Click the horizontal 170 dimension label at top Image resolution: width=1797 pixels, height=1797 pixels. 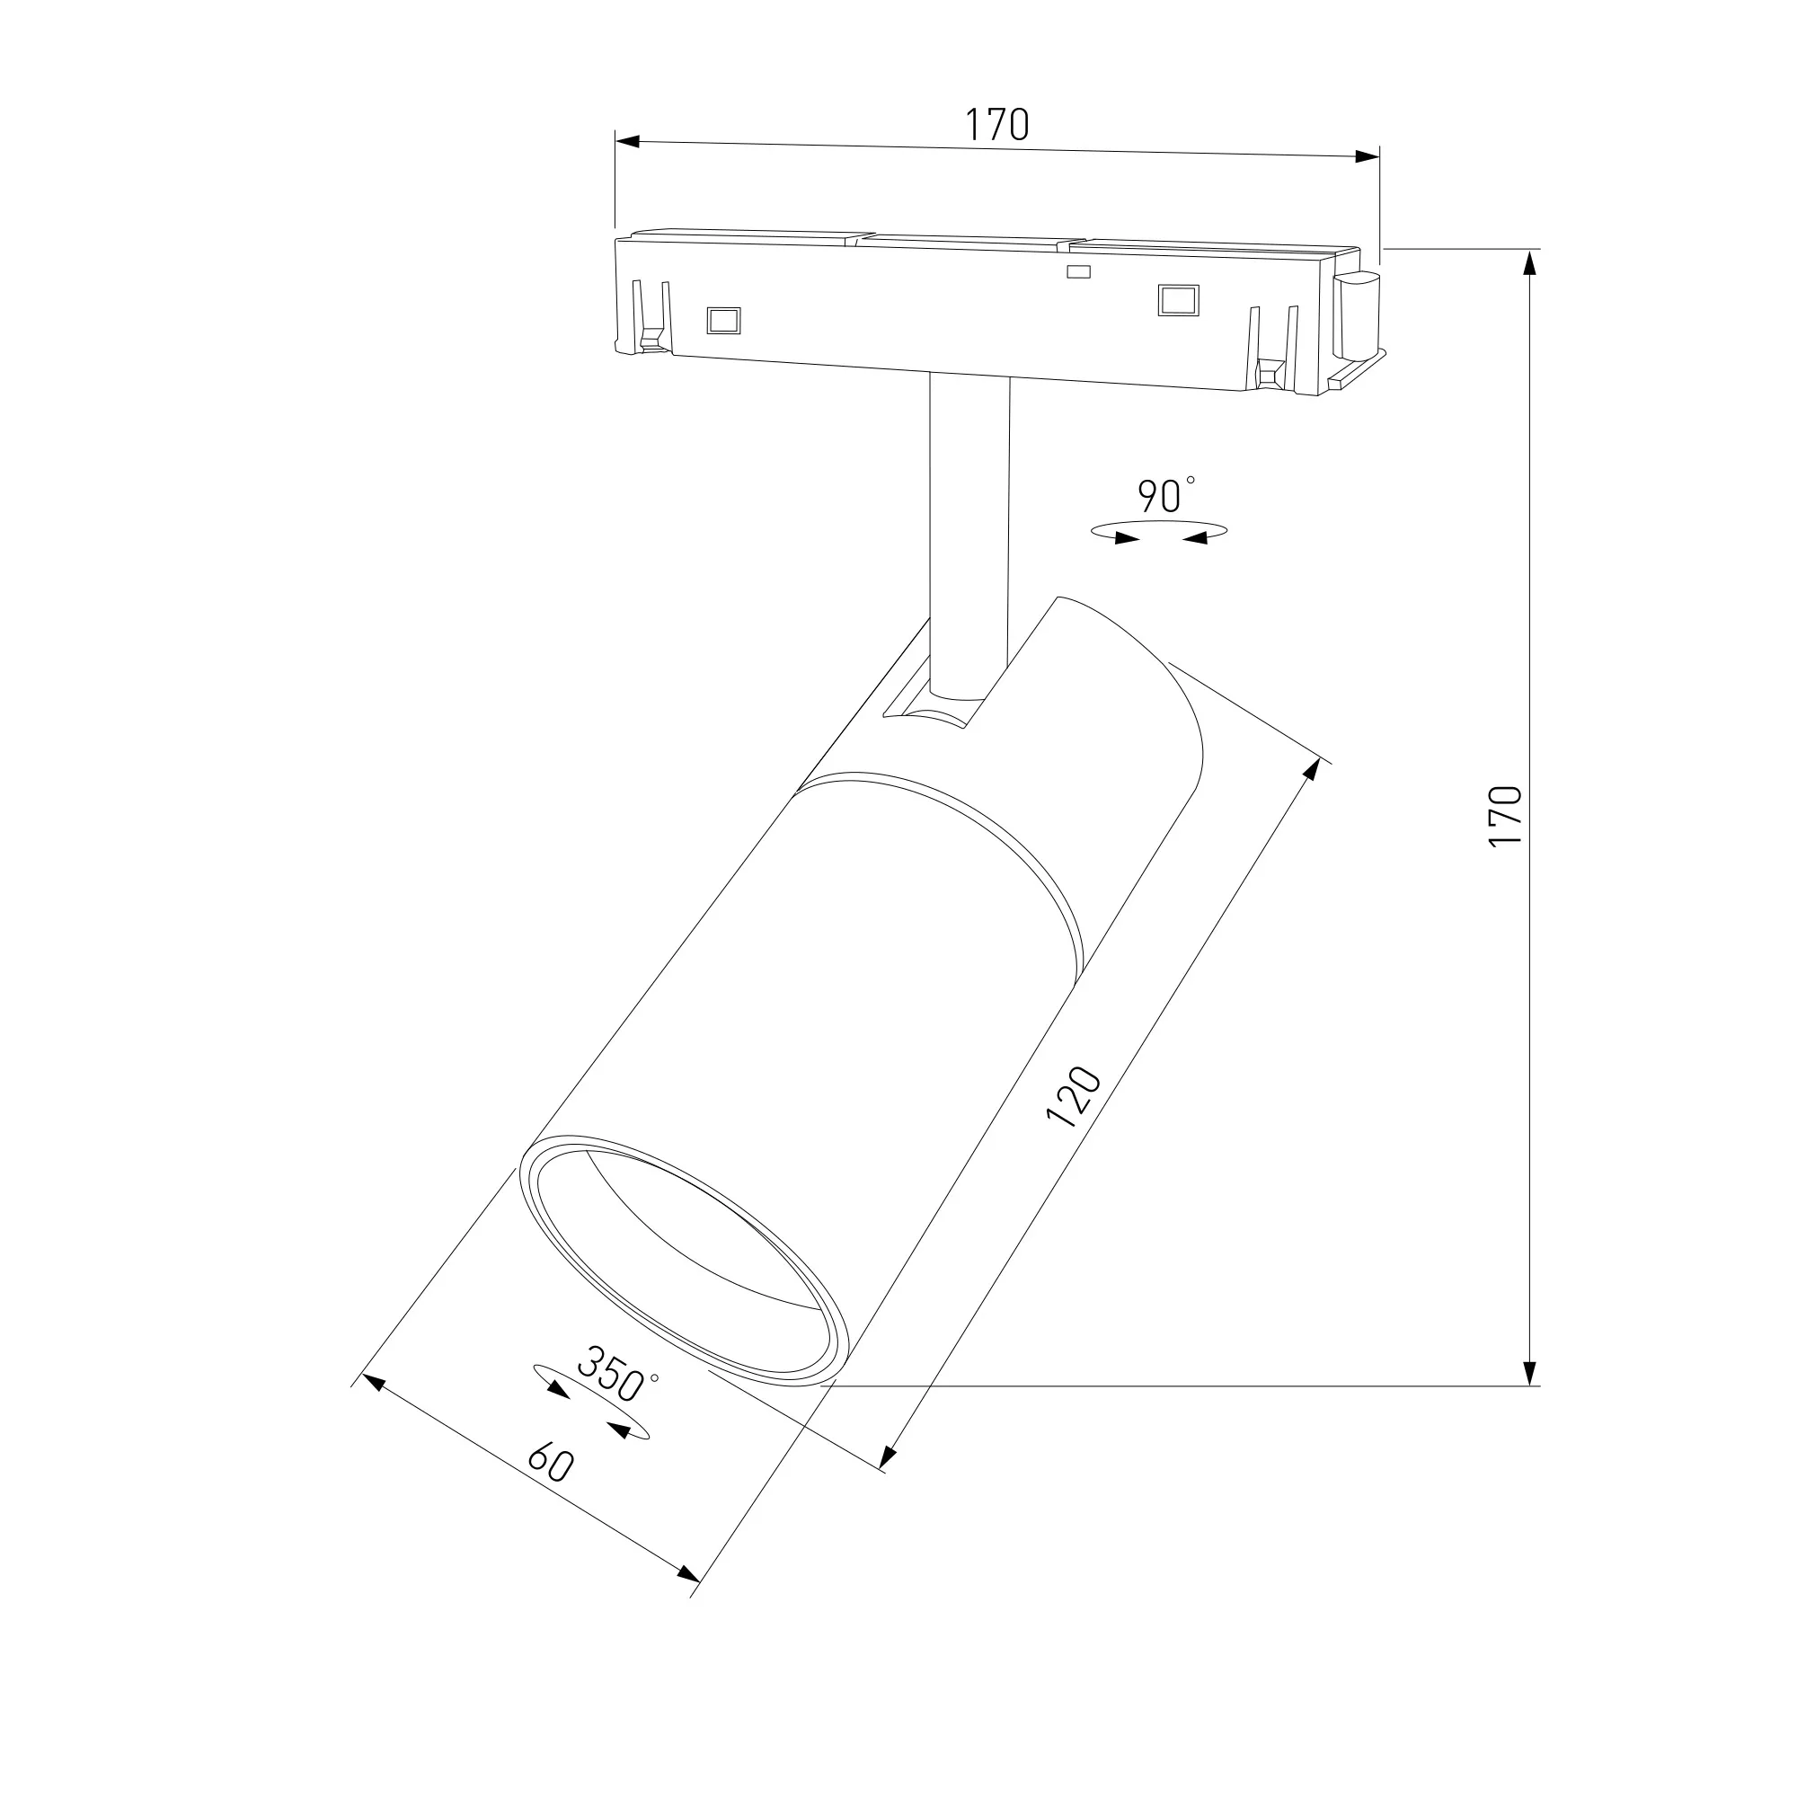point(996,125)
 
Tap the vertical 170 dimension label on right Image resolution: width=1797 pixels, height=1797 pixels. point(1505,816)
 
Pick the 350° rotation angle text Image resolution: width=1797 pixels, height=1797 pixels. point(616,1373)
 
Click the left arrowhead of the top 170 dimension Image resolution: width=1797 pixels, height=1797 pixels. point(628,141)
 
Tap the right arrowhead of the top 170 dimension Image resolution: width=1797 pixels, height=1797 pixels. point(1367,156)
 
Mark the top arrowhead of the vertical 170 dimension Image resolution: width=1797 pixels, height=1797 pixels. point(1528,263)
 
